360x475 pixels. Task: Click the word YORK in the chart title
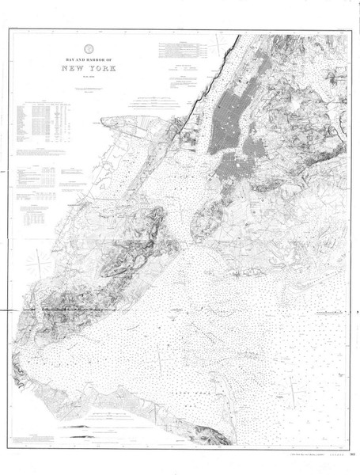coord(105,69)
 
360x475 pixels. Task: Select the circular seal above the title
coord(89,46)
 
